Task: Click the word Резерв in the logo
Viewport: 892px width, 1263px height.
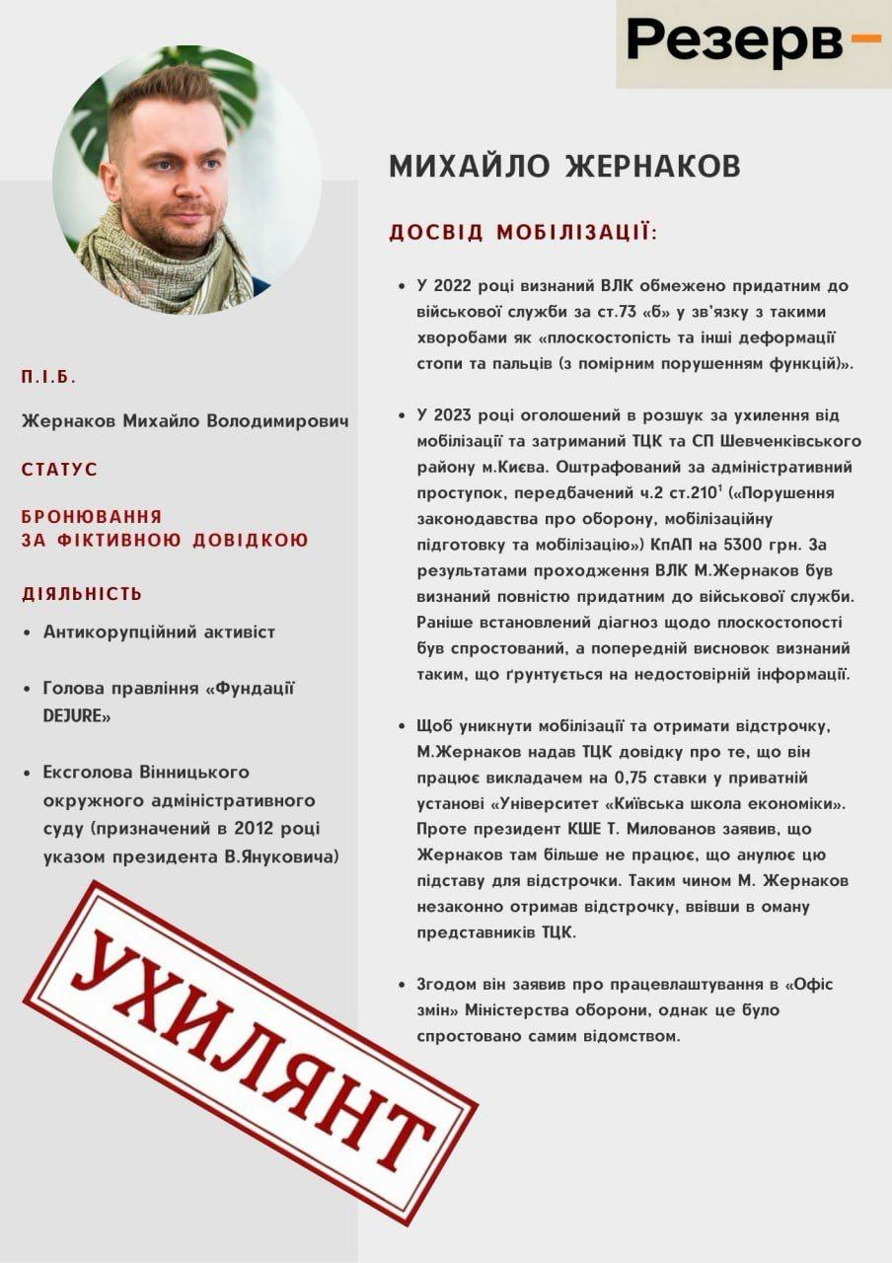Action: point(734,41)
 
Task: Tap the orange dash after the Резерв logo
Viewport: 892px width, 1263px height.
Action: point(864,38)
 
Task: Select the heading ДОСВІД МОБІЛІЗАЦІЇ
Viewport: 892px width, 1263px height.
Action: point(522,233)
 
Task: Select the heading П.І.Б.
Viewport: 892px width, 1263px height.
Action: point(48,377)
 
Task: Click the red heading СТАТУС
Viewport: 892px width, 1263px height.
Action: point(59,470)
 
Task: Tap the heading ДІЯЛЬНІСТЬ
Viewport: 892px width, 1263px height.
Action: point(82,594)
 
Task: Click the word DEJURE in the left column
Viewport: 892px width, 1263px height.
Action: point(77,715)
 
